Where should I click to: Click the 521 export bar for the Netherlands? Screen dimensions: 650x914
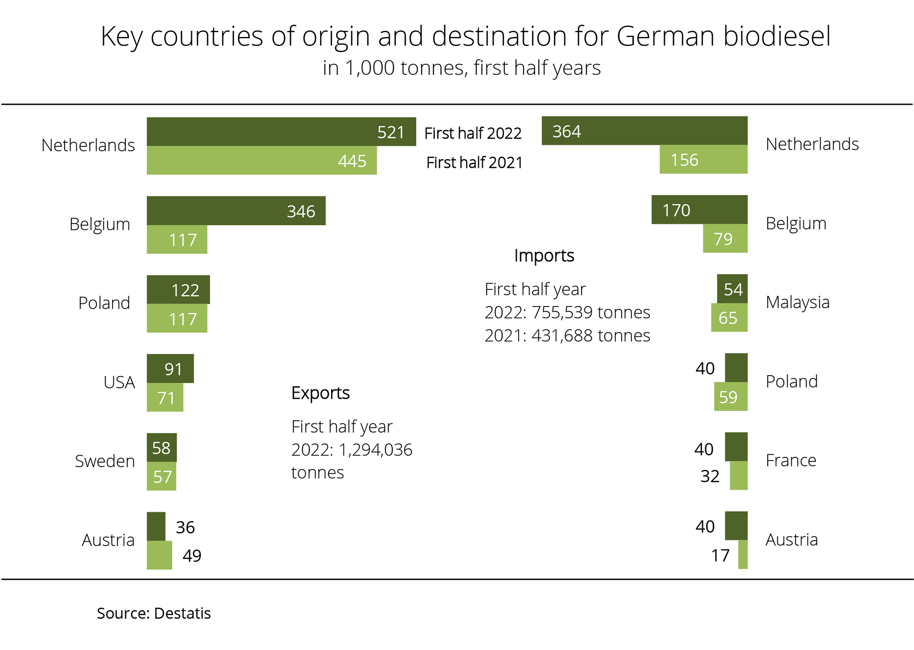click(281, 132)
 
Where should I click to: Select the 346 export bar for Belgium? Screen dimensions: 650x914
click(236, 211)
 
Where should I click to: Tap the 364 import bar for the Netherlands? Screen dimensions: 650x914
click(644, 131)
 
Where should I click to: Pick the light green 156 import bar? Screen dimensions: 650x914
click(703, 159)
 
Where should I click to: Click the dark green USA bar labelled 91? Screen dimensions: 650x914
click(170, 368)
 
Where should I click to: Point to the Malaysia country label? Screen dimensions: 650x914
click(797, 302)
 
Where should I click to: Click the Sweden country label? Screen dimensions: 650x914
click(105, 461)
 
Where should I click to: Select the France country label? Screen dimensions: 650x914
click(791, 460)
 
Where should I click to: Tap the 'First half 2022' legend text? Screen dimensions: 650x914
click(473, 133)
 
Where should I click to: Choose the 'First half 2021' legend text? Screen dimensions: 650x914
click(474, 162)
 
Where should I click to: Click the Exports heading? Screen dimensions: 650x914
click(320, 393)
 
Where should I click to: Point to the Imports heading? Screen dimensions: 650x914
click(544, 256)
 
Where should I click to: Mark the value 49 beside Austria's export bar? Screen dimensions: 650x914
click(192, 555)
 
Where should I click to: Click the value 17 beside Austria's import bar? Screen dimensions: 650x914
click(720, 555)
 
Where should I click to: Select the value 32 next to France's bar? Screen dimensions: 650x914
click(710, 476)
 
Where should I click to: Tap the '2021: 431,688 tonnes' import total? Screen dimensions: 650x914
click(567, 335)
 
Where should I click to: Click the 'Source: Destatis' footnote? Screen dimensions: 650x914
click(154, 613)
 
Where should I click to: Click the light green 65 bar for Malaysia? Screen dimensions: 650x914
click(729, 318)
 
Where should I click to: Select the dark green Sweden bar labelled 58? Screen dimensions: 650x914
click(162, 447)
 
